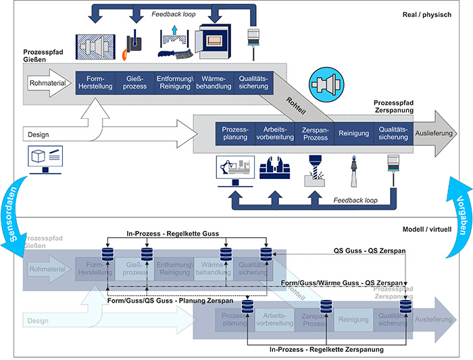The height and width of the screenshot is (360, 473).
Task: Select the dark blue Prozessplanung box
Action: point(234,132)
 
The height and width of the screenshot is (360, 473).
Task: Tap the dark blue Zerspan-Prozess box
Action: point(314,132)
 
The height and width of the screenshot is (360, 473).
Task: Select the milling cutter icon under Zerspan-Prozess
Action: point(315,168)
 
